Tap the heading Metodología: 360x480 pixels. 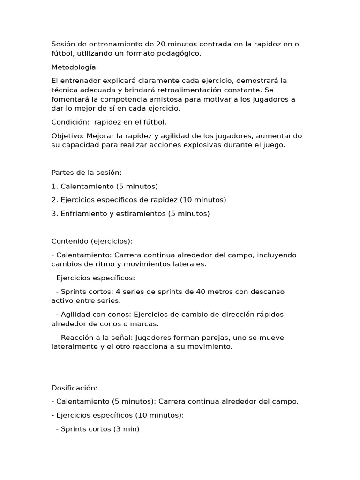click(75, 67)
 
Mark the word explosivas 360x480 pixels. click(195, 145)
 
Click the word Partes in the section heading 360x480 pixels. click(63, 172)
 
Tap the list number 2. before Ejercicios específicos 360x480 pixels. click(55, 200)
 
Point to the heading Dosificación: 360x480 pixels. click(75, 388)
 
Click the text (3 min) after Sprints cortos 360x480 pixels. click(126, 429)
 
